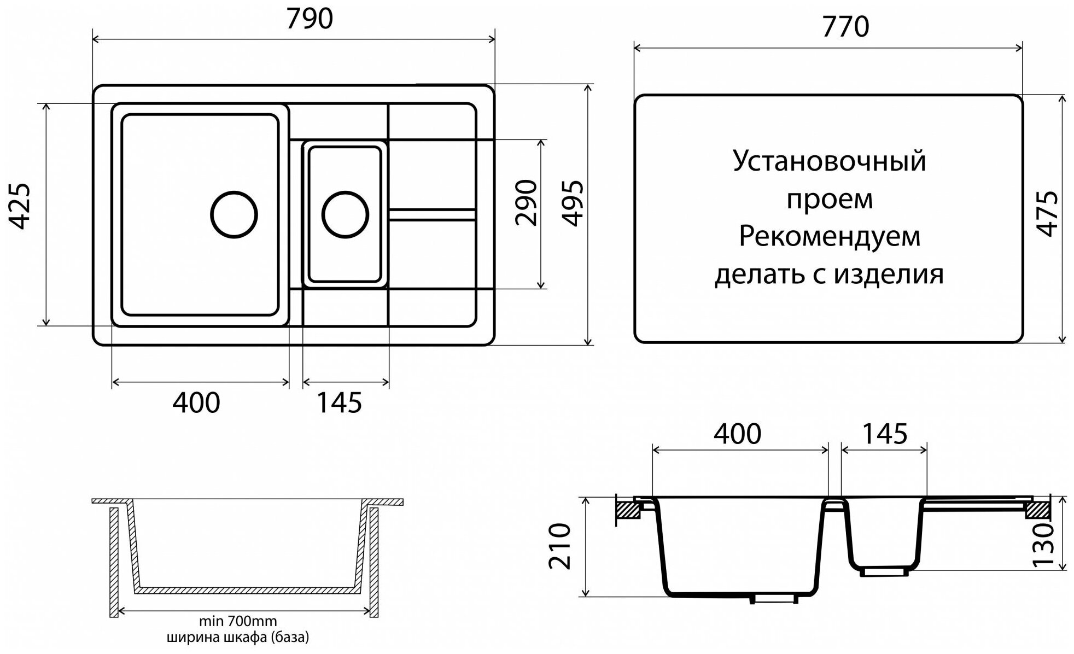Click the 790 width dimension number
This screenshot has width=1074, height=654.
(x=310, y=19)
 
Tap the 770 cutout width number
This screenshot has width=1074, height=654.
(x=845, y=27)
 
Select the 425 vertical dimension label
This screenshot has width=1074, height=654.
(x=21, y=206)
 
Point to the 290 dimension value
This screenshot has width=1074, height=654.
(x=527, y=203)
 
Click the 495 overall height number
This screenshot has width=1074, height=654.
(x=574, y=203)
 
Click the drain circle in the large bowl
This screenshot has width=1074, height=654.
(x=234, y=214)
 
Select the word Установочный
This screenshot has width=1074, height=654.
(x=829, y=162)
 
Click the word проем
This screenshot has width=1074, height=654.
(x=830, y=200)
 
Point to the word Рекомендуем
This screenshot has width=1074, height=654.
(x=830, y=237)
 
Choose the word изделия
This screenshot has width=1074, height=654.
(x=889, y=275)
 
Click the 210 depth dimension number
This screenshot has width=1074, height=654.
(x=559, y=546)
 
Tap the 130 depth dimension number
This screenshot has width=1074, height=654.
(x=1043, y=545)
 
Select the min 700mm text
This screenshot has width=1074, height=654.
(x=237, y=621)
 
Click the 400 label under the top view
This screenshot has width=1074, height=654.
(x=196, y=403)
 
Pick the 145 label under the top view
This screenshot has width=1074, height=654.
(x=339, y=403)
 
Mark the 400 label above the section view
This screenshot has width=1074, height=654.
(x=737, y=434)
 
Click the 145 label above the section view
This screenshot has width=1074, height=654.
(x=885, y=434)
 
